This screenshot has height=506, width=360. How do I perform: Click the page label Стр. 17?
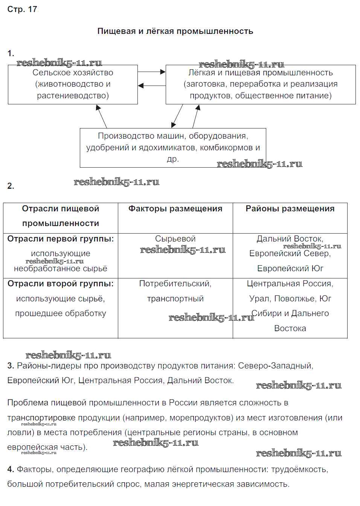click(22, 9)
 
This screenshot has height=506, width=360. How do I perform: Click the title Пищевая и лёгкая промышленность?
click(175, 31)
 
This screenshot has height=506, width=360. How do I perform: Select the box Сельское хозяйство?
click(73, 84)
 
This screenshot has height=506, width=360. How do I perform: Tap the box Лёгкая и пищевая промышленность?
click(261, 84)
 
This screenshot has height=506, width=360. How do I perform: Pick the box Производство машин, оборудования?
click(173, 147)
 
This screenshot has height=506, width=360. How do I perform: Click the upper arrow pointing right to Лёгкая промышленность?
click(151, 72)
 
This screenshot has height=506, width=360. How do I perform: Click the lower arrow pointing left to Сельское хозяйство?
click(151, 86)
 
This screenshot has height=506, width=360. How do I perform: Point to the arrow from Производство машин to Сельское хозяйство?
click(102, 116)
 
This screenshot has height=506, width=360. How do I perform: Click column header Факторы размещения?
click(175, 209)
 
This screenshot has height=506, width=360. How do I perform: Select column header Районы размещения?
click(290, 209)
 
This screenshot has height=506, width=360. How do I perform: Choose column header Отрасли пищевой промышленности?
click(61, 216)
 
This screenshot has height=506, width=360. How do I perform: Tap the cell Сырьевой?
click(175, 239)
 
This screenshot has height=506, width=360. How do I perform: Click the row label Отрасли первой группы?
click(61, 239)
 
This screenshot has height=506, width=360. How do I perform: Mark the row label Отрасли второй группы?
click(61, 284)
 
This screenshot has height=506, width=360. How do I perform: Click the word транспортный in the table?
click(175, 299)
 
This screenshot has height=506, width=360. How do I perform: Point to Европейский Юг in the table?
click(290, 269)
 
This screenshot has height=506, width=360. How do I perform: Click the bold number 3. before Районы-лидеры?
click(11, 365)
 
